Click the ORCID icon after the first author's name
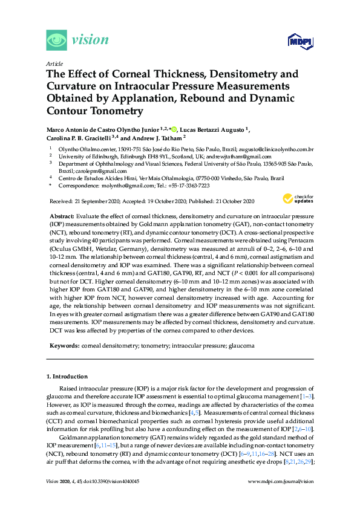[x=174, y=129]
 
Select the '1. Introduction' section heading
[x=67, y=377]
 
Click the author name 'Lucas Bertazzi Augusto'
[x=211, y=129]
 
